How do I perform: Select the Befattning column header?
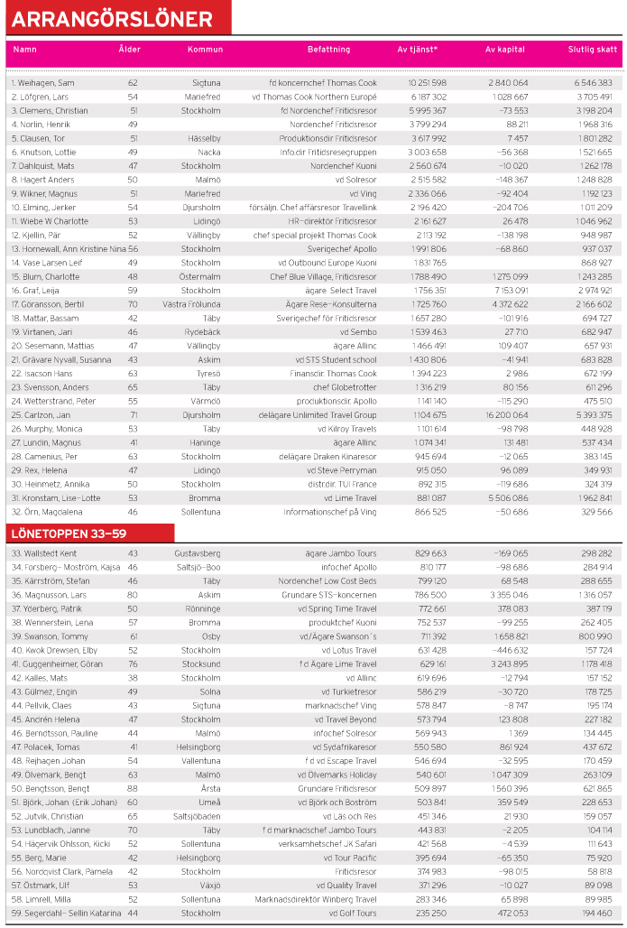point(323,49)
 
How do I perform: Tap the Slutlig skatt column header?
point(592,49)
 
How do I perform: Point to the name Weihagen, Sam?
point(43,83)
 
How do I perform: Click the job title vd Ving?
point(361,193)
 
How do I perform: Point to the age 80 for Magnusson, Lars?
point(133,595)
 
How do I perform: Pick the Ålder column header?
point(129,49)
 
